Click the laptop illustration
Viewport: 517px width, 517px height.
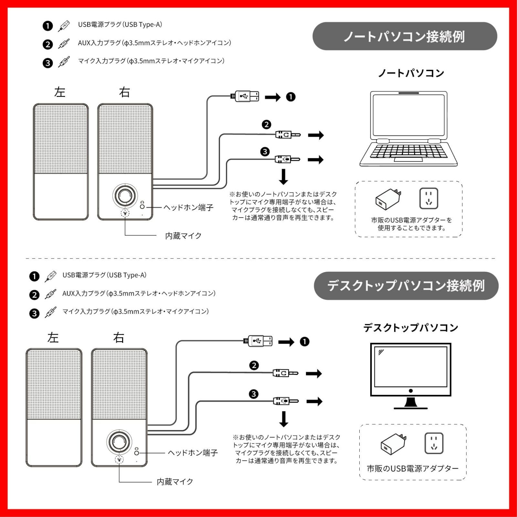408,129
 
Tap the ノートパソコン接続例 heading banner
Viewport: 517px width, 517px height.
405,36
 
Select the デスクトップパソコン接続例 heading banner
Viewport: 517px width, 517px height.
406,286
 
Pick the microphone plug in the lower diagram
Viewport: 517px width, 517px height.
285,401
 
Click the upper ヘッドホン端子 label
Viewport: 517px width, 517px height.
188,207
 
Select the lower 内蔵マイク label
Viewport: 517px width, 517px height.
175,482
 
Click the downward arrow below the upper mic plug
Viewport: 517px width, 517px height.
283,176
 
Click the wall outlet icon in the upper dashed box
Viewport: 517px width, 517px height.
428,198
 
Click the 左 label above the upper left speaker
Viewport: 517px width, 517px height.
60,92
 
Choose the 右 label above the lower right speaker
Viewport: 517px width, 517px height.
119,338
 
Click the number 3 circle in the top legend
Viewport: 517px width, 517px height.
47,63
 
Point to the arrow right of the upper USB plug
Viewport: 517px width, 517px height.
273,97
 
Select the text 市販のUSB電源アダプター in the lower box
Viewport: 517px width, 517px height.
413,469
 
